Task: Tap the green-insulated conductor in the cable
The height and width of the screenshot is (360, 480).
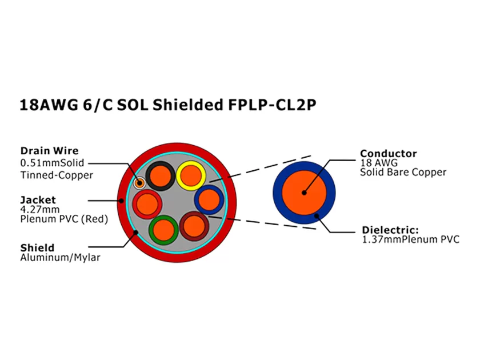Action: (163, 230)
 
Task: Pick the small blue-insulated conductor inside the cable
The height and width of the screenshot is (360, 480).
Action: (209, 199)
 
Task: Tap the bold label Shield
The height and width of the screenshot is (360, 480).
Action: (37, 248)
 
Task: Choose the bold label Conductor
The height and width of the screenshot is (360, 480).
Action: (388, 154)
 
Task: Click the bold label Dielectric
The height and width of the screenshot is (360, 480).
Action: (390, 230)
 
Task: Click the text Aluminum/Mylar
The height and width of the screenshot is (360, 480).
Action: (60, 258)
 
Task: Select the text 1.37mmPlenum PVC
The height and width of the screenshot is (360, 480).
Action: (410, 239)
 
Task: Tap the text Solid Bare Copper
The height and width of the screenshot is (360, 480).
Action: (403, 172)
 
